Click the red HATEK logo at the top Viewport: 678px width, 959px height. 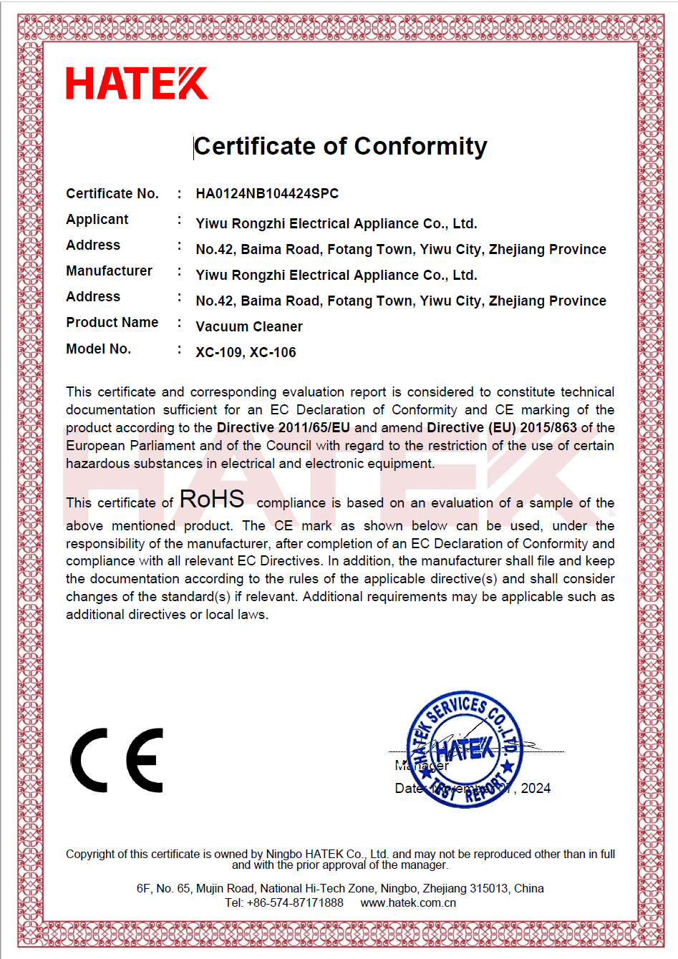point(137,84)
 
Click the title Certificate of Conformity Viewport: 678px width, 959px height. point(341,146)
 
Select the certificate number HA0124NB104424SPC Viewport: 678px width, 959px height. point(267,194)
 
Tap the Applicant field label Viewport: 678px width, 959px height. point(97,220)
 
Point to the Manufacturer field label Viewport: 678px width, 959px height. point(109,271)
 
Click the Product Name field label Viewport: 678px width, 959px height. point(112,323)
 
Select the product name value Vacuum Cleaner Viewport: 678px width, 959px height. point(249,327)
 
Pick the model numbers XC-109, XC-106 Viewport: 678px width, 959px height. point(246,353)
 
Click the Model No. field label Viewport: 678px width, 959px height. point(99,349)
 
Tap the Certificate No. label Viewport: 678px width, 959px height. point(112,194)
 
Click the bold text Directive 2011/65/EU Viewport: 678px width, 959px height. point(284,428)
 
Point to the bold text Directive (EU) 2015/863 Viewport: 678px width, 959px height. point(502,428)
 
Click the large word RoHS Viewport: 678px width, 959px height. point(212,500)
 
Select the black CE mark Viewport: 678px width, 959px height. point(117,761)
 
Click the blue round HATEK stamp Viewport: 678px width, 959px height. point(465,749)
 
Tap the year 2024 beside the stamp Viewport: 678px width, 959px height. point(536,789)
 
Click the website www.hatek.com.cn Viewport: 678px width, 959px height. point(408,903)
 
